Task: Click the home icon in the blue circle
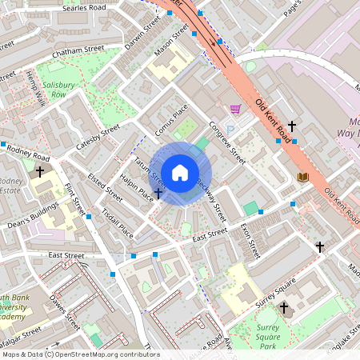(x=180, y=172)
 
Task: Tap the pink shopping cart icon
(x=235, y=109)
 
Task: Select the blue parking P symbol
(x=230, y=130)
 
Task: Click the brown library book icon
(x=302, y=177)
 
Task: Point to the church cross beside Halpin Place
(x=158, y=194)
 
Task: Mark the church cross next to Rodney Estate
(x=40, y=171)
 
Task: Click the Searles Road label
(x=83, y=7)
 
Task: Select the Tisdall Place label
(x=118, y=224)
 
